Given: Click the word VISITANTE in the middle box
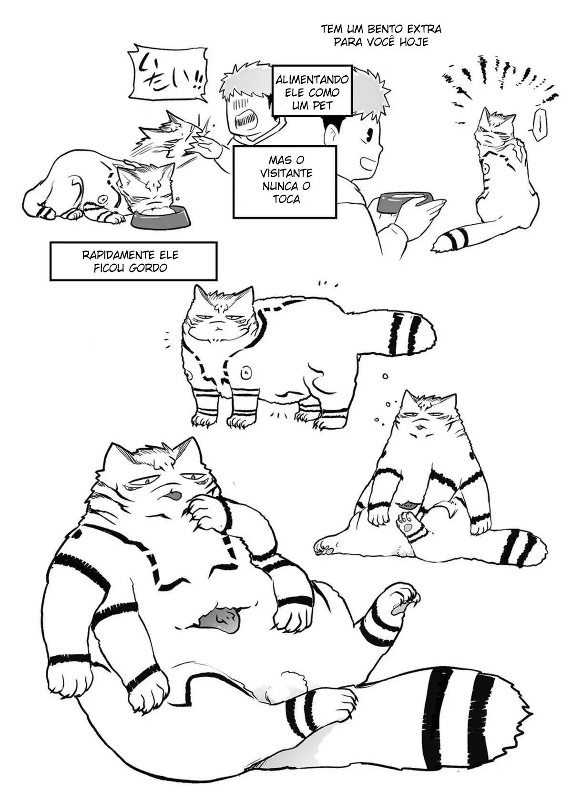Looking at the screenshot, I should [286, 173].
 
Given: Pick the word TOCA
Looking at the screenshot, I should [286, 199].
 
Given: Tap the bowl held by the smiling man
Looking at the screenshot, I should [405, 202].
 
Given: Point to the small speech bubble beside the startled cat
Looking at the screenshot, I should [537, 124].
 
